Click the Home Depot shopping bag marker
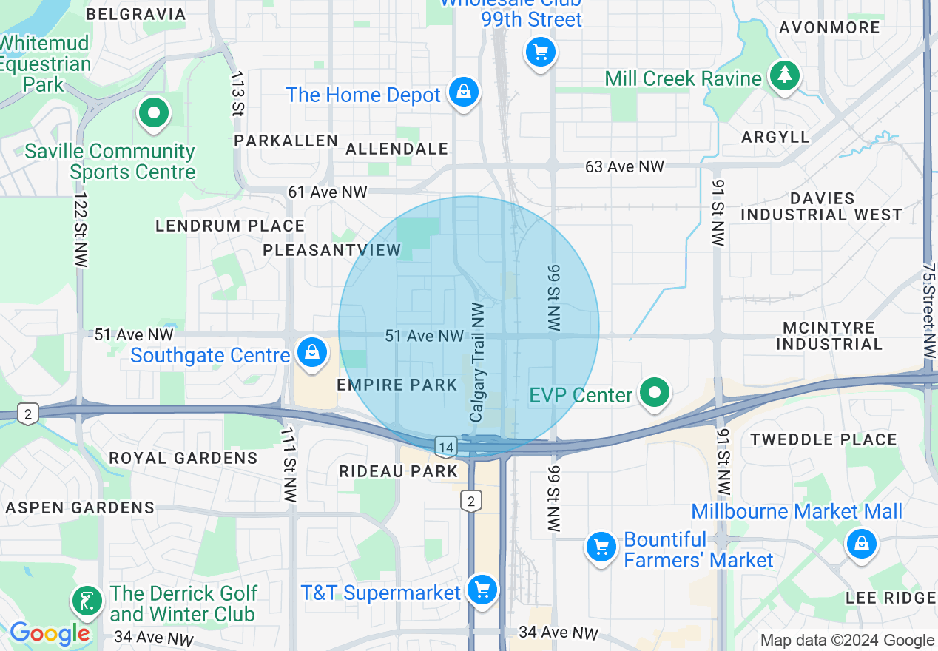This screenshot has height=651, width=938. click(463, 92)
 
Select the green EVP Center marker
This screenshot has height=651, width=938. click(655, 392)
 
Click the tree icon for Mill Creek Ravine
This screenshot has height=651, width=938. click(783, 75)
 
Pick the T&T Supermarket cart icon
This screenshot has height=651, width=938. click(482, 590)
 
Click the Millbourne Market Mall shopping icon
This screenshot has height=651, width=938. click(861, 544)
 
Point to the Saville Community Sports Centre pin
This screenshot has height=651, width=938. click(154, 114)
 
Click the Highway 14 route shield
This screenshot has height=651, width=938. click(445, 446)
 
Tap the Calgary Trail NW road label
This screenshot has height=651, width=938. click(477, 362)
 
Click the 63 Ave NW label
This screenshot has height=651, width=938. click(624, 166)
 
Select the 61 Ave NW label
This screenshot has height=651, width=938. click(327, 192)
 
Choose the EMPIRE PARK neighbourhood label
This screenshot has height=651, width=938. click(397, 385)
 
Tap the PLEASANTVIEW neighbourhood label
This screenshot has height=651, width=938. click(332, 250)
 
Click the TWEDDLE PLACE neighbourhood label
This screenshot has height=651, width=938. click(823, 439)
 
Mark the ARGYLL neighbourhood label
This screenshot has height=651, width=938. click(776, 137)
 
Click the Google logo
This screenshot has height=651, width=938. click(50, 634)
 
